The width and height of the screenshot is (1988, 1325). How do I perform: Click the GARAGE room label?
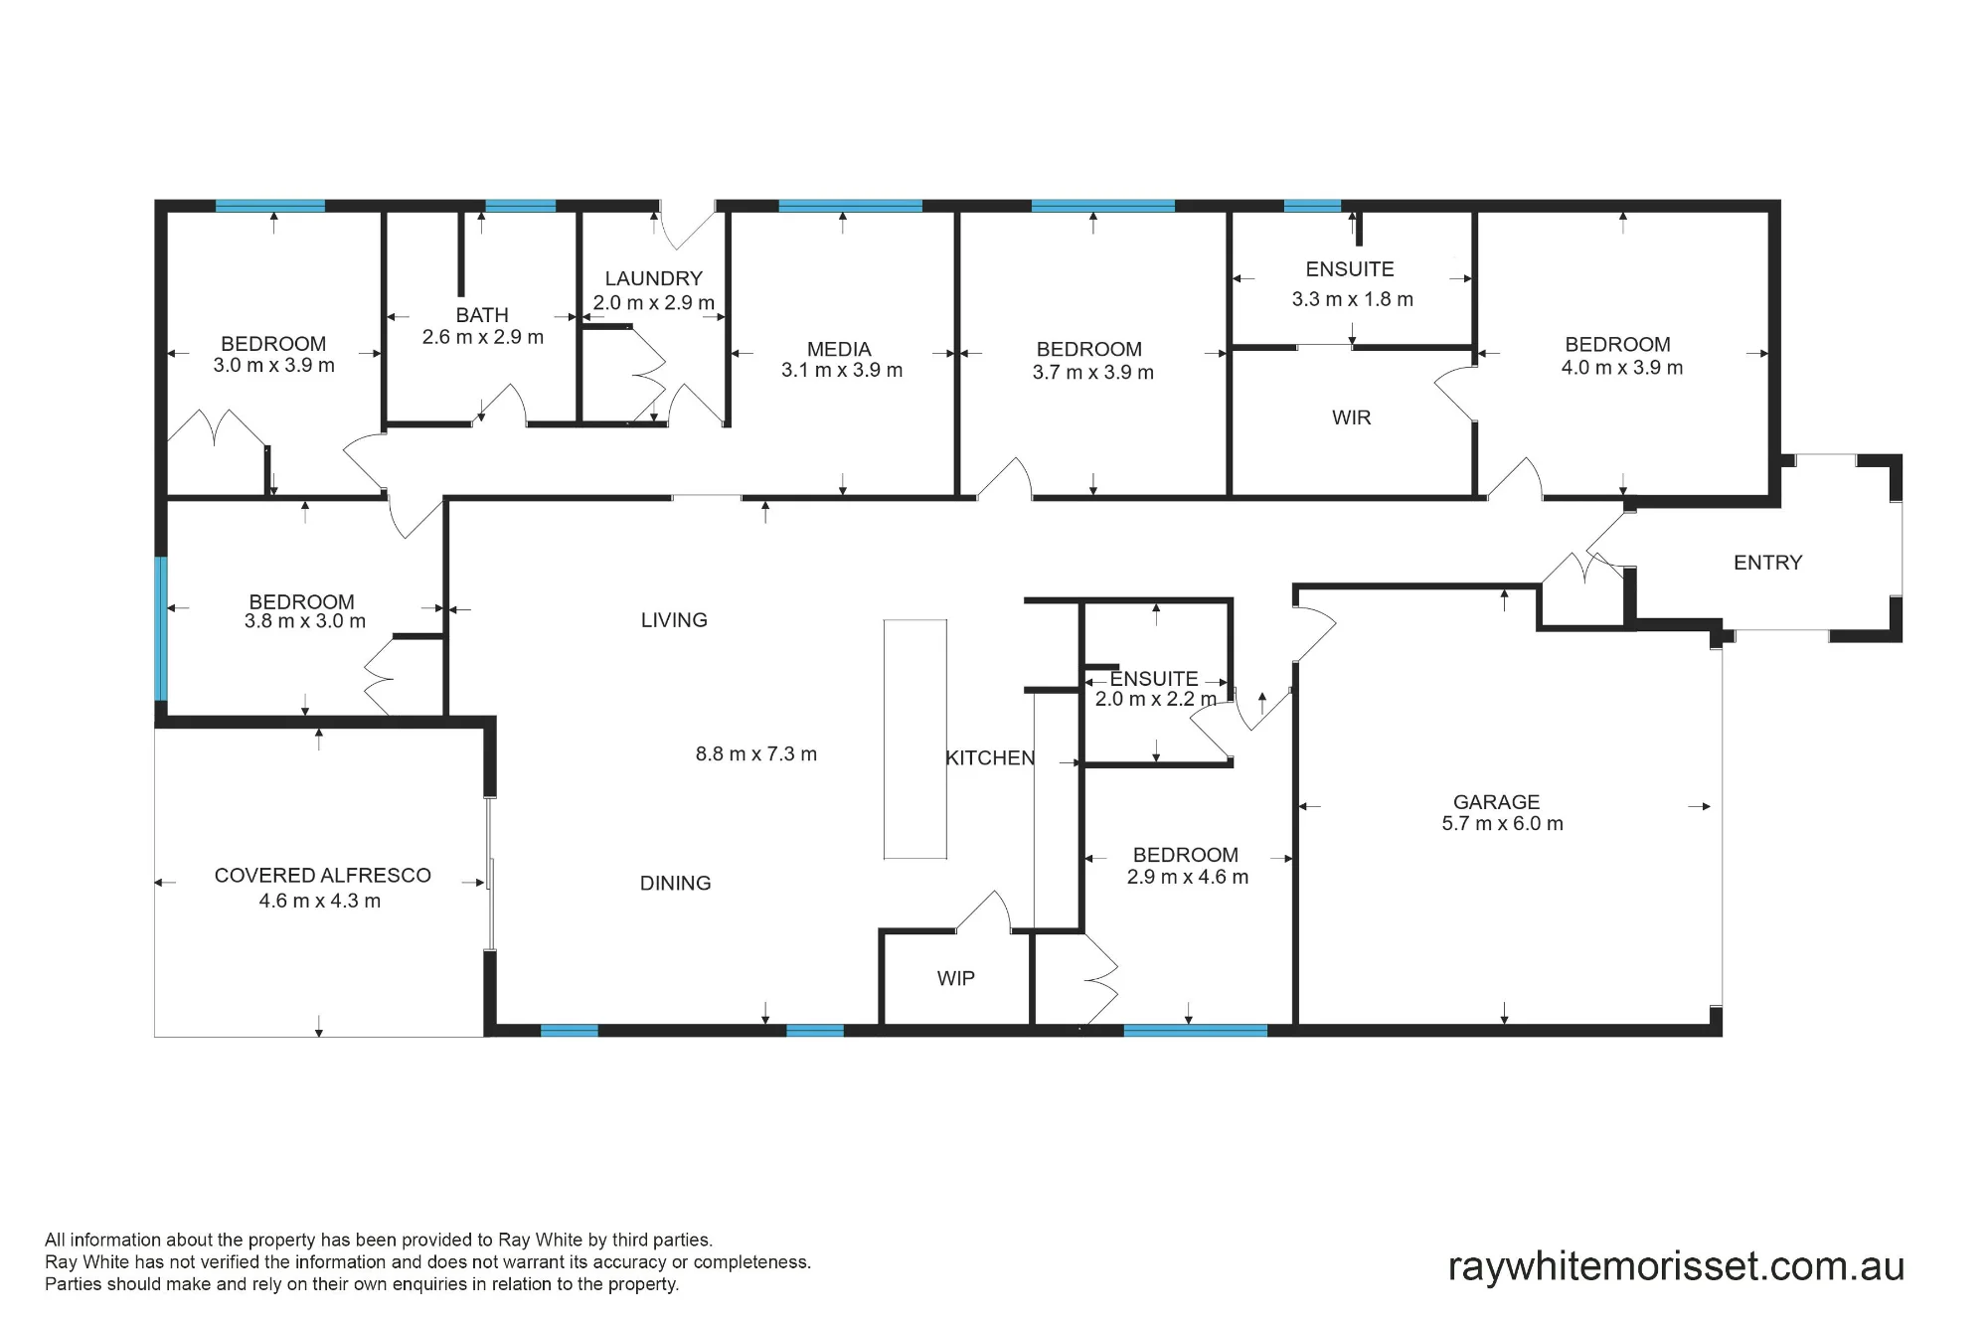(x=1496, y=802)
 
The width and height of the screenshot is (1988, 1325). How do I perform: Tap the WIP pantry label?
(x=955, y=979)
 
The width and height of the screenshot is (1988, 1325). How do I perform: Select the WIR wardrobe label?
(x=1351, y=417)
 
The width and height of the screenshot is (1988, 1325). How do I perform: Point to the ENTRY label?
(x=1767, y=563)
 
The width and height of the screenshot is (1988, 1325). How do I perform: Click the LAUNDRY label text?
(x=653, y=278)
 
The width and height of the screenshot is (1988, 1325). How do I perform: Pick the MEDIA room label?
(x=839, y=349)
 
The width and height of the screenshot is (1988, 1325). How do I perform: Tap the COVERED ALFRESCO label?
(x=322, y=876)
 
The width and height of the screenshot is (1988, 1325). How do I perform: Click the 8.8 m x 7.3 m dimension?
(x=755, y=754)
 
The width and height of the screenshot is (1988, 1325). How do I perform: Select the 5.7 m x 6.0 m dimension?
(x=1502, y=824)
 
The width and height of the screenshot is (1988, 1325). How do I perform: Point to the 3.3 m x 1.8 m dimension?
(x=1352, y=299)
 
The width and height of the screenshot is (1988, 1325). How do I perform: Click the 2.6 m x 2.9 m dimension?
(x=482, y=337)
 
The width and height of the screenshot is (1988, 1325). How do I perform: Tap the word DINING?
(x=675, y=883)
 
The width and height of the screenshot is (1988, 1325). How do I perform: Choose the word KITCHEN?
(x=990, y=758)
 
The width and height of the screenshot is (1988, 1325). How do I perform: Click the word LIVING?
(x=674, y=620)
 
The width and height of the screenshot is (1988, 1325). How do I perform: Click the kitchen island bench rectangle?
(x=915, y=739)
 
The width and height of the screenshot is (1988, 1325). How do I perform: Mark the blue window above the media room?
(x=850, y=206)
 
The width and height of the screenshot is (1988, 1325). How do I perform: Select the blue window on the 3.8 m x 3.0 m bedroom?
(x=161, y=628)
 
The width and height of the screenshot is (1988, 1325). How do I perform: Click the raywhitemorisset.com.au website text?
(x=1676, y=1266)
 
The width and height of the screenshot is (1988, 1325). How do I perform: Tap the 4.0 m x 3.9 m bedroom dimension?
(x=1622, y=368)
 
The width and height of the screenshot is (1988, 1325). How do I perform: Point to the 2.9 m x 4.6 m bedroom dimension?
(x=1187, y=878)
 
